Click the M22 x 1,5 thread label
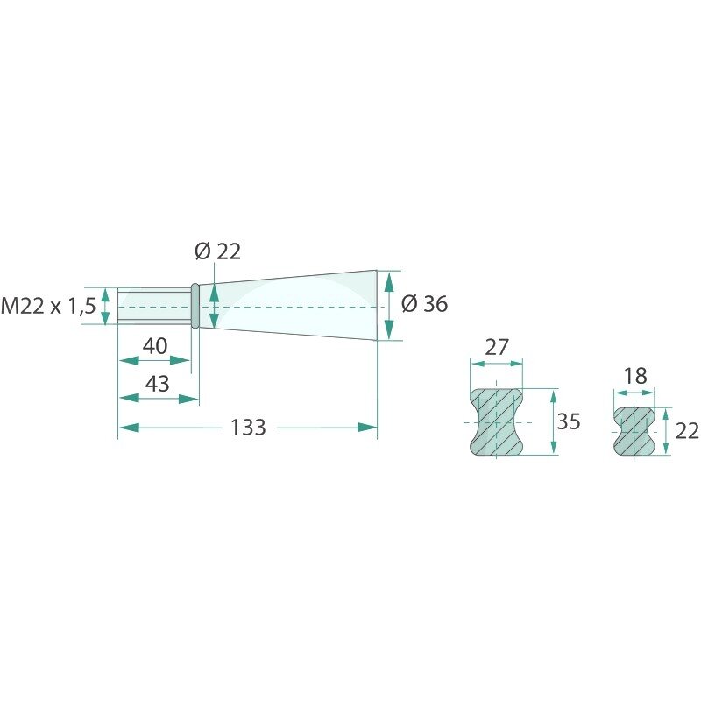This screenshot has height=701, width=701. [x=48, y=306]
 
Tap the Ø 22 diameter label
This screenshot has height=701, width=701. [x=218, y=251]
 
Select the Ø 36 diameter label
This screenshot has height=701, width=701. [x=425, y=304]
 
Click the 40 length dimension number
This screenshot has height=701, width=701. [x=155, y=346]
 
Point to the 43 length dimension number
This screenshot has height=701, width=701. [x=158, y=384]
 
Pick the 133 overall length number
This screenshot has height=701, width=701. [x=248, y=428]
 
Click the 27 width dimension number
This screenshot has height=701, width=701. [x=496, y=347]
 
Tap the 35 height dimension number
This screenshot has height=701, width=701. [x=569, y=421]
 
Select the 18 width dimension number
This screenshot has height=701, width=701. [x=635, y=376]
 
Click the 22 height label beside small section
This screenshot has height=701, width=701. [x=687, y=431]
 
